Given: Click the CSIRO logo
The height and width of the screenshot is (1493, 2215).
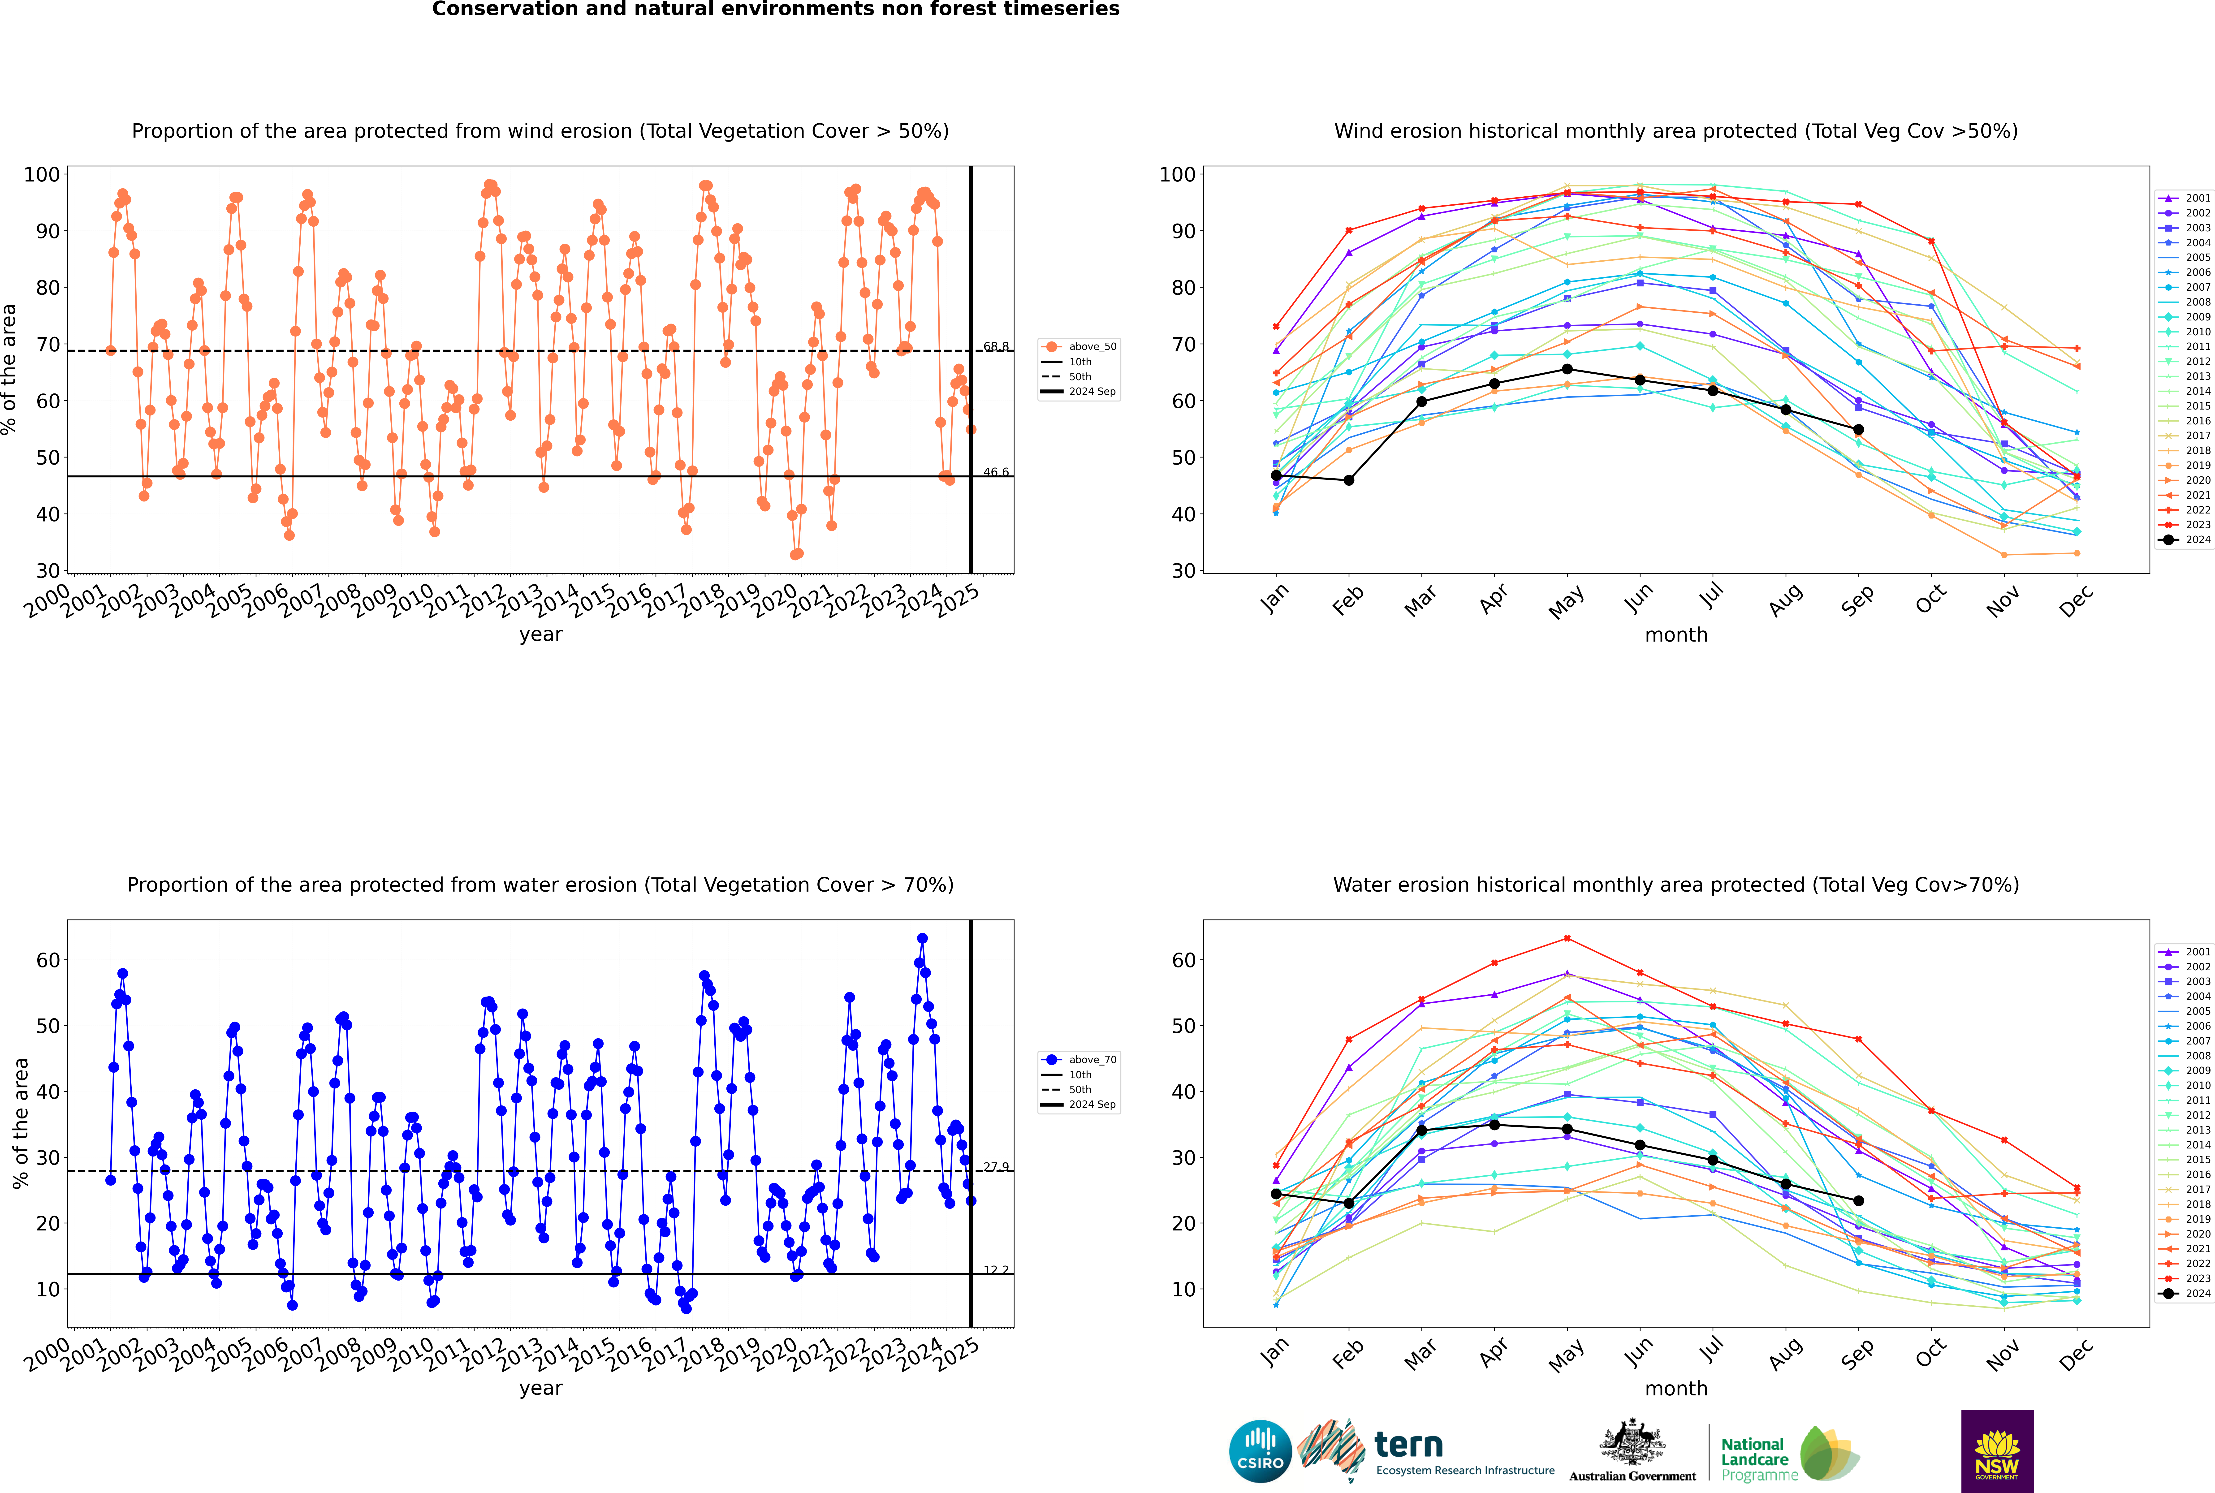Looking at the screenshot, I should point(1260,1451).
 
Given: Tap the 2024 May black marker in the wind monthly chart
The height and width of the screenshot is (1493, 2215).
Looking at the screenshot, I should point(1567,369).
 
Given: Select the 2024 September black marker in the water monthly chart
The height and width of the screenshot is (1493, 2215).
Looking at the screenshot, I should point(1858,1201).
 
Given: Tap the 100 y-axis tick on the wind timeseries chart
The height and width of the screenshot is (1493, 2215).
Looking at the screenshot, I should point(42,174).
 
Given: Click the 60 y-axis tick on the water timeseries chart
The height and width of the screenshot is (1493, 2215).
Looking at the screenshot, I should point(47,961).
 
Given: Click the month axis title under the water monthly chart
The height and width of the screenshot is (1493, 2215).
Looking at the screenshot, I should point(1676,1388).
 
